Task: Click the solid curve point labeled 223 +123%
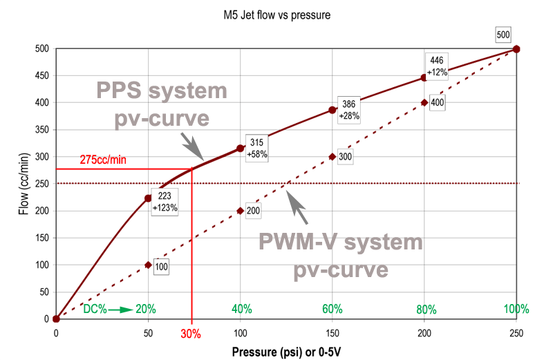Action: pos(148,198)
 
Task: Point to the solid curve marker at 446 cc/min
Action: pos(424,77)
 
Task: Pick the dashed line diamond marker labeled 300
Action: pos(332,156)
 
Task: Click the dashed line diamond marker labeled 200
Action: pos(240,210)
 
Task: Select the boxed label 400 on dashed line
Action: pos(437,103)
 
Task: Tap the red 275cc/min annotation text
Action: pos(104,158)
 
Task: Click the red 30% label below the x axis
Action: pos(191,334)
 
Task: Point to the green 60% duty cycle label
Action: pos(332,309)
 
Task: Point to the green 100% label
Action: pos(516,309)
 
